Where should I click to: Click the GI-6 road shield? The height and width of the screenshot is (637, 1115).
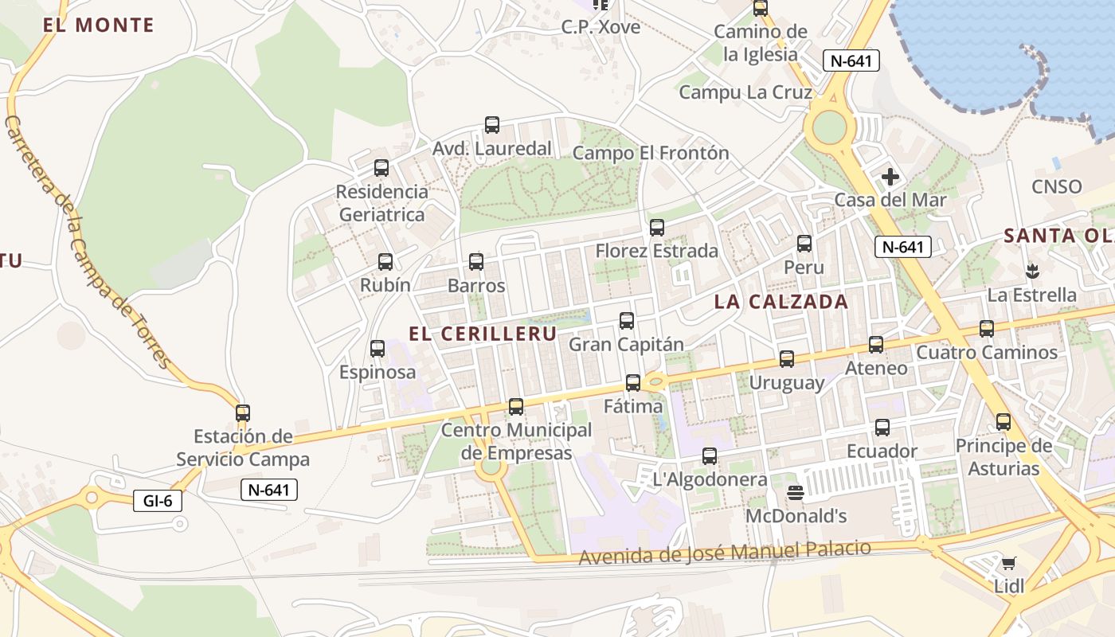pyautogui.click(x=158, y=501)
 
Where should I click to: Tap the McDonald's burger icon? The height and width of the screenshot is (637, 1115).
pyautogui.click(x=794, y=493)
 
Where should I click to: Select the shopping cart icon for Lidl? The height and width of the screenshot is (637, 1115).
pyautogui.click(x=1008, y=564)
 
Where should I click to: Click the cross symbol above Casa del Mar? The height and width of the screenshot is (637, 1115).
pyautogui.click(x=890, y=177)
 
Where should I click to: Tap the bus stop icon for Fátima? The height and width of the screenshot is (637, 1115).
pyautogui.click(x=633, y=383)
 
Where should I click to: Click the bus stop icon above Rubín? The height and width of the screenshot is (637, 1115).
pyautogui.click(x=385, y=262)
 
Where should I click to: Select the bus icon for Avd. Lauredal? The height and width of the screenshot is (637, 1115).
pyautogui.click(x=492, y=125)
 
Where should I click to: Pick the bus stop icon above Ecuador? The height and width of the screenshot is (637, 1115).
pyautogui.click(x=882, y=428)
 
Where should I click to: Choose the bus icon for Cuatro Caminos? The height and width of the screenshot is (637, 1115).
pyautogui.click(x=987, y=329)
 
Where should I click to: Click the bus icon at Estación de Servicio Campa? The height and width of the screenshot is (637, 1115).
pyautogui.click(x=243, y=413)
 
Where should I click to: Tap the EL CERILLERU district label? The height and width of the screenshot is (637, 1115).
pyautogui.click(x=483, y=334)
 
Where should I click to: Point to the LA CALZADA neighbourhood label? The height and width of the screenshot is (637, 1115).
pyautogui.click(x=781, y=302)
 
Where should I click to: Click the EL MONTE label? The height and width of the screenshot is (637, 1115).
pyautogui.click(x=99, y=25)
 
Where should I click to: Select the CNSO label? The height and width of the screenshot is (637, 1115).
pyautogui.click(x=1057, y=187)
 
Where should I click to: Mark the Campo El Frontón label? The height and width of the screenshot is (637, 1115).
pyautogui.click(x=651, y=153)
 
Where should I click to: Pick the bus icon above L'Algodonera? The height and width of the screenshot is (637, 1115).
pyautogui.click(x=710, y=456)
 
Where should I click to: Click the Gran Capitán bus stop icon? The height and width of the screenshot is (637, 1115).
pyautogui.click(x=627, y=321)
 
